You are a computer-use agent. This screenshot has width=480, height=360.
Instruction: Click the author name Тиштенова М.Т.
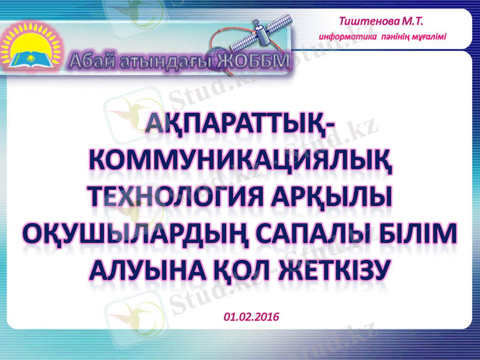[381, 22]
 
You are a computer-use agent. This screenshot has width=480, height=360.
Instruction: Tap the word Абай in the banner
[90, 61]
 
